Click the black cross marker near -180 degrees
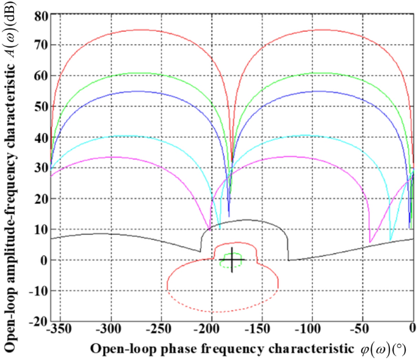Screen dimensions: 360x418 click(232, 260)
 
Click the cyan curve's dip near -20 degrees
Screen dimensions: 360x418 click(391, 240)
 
